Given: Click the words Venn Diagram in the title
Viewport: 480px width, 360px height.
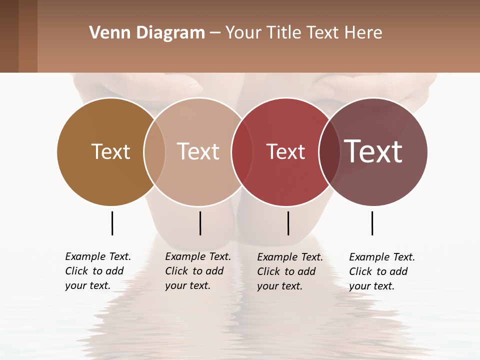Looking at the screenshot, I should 147,33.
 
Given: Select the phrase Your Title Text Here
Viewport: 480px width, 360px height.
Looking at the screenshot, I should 303,33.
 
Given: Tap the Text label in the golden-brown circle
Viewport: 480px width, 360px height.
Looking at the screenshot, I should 110,151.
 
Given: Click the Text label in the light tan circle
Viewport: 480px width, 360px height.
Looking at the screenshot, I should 198,151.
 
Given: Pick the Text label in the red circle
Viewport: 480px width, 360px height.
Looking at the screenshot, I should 285,152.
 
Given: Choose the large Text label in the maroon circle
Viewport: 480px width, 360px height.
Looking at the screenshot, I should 373,151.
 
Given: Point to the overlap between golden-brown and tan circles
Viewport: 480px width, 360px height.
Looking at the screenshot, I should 154,151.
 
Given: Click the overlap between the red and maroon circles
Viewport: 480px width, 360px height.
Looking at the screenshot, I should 328,152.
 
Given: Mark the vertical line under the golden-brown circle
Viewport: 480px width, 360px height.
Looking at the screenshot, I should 112,223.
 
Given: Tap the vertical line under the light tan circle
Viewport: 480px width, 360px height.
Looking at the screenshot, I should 200,223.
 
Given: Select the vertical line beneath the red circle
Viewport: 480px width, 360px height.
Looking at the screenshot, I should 288,223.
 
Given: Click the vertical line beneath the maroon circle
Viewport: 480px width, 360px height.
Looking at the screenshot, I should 372,223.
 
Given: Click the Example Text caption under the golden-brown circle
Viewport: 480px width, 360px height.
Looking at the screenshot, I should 97,271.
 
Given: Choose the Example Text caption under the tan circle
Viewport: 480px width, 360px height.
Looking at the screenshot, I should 197,271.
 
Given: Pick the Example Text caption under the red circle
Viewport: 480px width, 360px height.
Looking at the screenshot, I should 289,271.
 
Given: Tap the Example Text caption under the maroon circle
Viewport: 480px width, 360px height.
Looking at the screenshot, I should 381,271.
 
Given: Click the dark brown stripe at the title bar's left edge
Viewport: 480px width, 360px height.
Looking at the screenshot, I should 9,36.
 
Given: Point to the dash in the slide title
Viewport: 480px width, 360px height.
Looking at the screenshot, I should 215,33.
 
